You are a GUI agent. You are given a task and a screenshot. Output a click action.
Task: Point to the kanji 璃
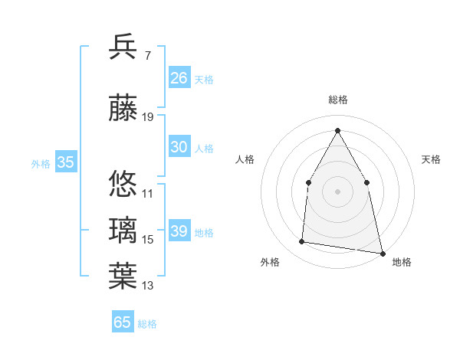click(123, 230)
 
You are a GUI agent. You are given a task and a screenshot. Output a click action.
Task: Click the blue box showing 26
click(179, 78)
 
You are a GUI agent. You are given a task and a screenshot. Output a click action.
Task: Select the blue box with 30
click(179, 147)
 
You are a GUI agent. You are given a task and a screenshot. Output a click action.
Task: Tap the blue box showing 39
click(179, 231)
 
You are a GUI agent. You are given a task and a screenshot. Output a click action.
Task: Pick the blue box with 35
click(66, 162)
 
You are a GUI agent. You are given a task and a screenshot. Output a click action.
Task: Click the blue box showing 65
click(123, 322)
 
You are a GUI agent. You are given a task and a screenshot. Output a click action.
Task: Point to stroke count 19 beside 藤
click(148, 117)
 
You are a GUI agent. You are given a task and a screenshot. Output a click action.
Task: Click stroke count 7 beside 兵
click(147, 55)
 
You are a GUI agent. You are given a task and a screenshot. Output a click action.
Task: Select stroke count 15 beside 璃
click(148, 240)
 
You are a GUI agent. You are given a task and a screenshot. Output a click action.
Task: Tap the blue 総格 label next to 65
click(147, 324)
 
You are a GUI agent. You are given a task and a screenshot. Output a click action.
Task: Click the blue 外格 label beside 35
click(41, 163)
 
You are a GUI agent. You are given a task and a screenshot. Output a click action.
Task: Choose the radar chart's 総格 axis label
click(337, 100)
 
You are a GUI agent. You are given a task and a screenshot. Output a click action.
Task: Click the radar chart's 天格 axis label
click(432, 159)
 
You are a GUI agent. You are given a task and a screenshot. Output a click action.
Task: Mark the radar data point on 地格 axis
click(381, 253)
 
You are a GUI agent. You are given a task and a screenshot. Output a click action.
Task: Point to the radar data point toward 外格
click(302, 242)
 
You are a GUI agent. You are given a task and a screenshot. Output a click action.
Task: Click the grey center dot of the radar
click(337, 191)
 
